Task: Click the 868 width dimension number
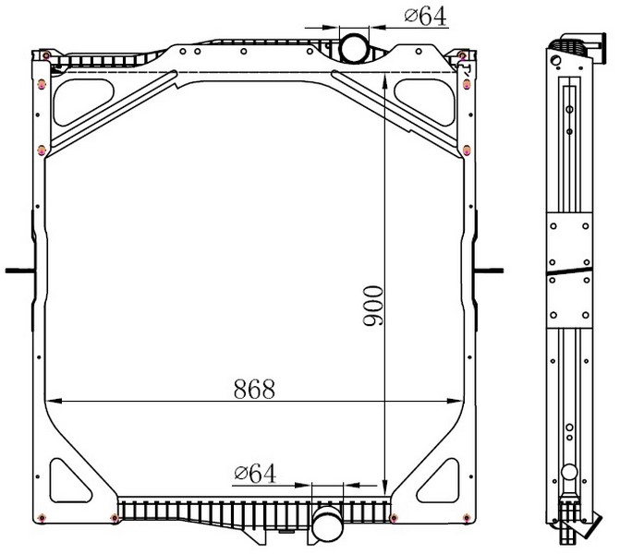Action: (x=254, y=389)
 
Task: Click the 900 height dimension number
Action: (x=373, y=306)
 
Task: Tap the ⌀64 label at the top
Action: (x=425, y=17)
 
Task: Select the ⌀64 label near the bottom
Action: (x=255, y=474)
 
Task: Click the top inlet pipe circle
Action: (x=354, y=48)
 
